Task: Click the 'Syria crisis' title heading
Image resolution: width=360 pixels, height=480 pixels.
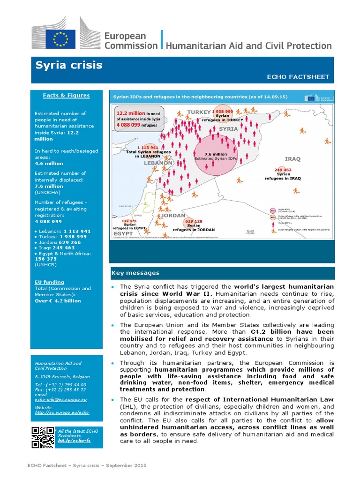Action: (68, 65)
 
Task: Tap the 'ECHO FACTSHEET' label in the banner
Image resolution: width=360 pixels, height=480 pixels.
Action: (306, 77)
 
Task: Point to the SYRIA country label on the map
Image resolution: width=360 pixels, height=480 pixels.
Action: (228, 128)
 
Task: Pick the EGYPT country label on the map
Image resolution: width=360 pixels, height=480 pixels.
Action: (123, 233)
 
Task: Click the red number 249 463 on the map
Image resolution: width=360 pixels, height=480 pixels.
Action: (283, 170)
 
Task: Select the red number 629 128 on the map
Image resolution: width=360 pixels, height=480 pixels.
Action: (194, 221)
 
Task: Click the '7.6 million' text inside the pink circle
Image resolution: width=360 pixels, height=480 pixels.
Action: (216, 154)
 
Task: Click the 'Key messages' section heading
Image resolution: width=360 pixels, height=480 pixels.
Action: (135, 273)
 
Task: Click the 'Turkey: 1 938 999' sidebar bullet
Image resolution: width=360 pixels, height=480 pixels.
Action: (62, 237)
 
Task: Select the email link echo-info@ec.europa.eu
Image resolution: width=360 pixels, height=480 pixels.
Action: (61, 399)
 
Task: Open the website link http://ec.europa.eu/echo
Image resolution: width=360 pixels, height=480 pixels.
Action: (62, 412)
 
